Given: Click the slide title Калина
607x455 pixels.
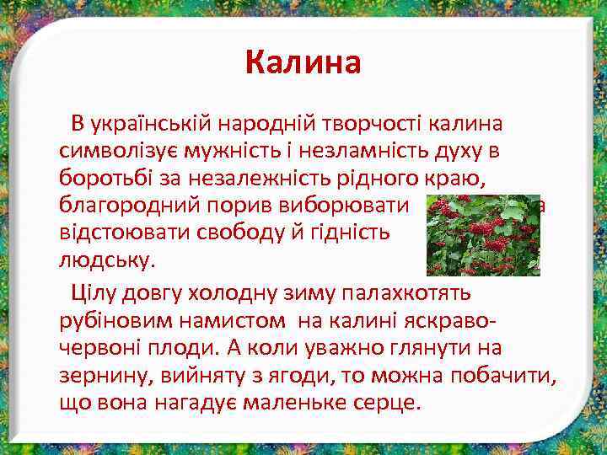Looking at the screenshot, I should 303,62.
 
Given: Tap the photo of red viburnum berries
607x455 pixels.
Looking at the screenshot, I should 482,236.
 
